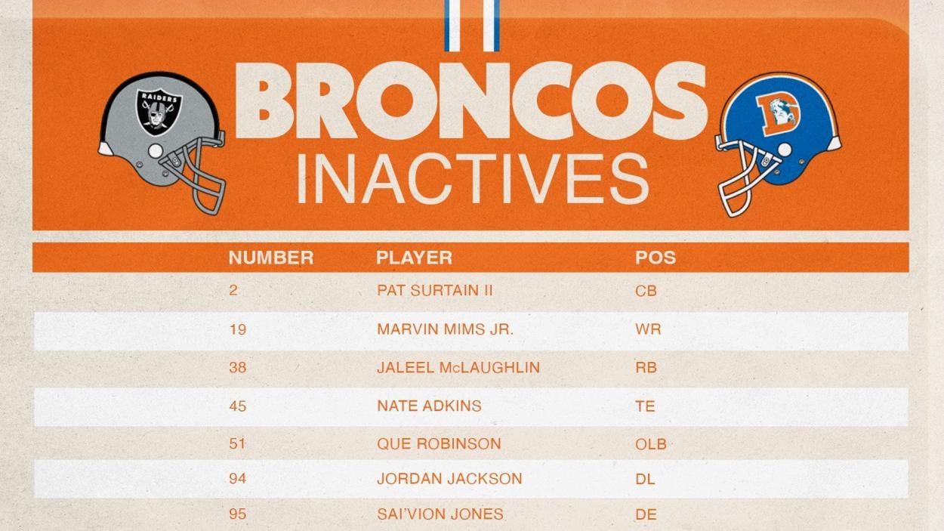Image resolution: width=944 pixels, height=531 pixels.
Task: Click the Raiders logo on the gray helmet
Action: pos(159,110)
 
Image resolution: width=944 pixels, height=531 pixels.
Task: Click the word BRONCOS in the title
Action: pos(470,103)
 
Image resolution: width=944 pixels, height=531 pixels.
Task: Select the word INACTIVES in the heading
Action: pos(472,179)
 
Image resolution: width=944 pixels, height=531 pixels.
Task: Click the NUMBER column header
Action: pos(270,258)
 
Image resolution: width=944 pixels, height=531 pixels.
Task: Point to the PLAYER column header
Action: pos(414,258)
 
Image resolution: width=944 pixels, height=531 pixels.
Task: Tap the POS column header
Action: pos(655,258)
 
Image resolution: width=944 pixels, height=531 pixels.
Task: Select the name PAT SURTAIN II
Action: pos(434,290)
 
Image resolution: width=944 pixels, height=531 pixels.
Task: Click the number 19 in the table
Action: pos(237,329)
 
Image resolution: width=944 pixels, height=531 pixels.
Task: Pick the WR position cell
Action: pos(648,329)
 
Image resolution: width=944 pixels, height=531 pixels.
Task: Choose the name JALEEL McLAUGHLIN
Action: pos(458,368)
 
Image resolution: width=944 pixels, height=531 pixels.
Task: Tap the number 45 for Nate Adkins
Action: pos(237,406)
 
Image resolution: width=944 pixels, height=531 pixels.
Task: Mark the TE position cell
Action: pos(645,406)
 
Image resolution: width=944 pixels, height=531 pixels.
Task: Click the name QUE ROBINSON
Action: pos(438,443)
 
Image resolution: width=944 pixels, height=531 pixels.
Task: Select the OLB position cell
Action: pos(650,444)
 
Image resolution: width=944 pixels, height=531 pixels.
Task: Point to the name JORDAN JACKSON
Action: pos(449,479)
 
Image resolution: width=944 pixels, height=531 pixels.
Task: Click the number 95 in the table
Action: pos(237,514)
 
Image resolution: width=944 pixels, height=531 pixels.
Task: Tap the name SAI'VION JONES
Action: pos(440,514)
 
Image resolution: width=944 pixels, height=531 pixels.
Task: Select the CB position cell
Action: pos(646,291)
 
